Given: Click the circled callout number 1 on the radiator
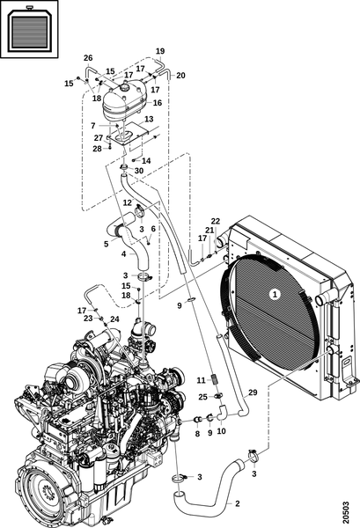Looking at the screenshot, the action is point(276,294).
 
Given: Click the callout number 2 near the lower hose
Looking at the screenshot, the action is point(238,503).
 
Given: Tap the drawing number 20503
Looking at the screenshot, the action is point(346,513).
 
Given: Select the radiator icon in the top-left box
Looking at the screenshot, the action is point(29,29).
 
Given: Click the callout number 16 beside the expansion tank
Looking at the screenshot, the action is point(158,103).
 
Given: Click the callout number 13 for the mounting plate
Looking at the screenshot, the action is point(149,119).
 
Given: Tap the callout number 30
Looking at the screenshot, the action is point(139,171).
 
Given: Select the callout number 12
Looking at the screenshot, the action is point(128,202).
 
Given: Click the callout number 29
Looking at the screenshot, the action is point(253,392).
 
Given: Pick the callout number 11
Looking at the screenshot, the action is point(201,380).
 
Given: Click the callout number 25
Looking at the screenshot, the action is point(202,397).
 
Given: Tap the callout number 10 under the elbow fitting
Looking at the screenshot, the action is point(221,430).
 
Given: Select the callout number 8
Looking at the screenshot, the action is point(198,433).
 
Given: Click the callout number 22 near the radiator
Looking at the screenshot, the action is point(216,221).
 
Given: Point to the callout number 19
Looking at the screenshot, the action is point(160,51).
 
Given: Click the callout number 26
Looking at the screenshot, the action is point(88,58).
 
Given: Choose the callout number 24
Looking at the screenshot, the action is point(114,319).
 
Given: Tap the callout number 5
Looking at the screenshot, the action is point(107,244).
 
